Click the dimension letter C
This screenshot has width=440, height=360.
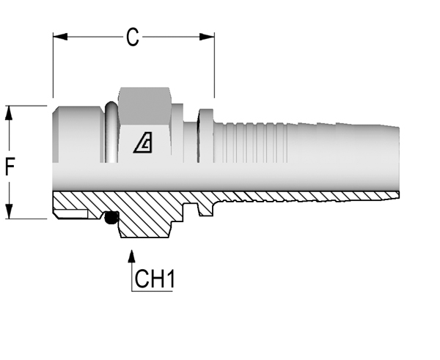pos(133,37)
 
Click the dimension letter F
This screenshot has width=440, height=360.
pos(10,166)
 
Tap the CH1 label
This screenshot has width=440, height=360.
pos(155,279)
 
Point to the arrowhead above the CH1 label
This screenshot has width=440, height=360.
pos(131,257)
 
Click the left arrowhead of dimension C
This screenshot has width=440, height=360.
pos(60,37)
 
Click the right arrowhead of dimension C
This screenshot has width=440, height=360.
pos(207,37)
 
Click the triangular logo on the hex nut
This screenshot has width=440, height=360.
pos(143,142)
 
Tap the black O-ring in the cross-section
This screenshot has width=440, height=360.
pos(111,218)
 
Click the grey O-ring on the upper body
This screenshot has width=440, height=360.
pos(111,132)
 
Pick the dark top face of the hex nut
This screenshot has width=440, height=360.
pos(144,106)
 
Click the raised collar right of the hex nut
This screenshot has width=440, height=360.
pos(205,136)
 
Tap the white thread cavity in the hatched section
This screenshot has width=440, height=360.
pos(72,214)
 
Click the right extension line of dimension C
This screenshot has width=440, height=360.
pos(214,65)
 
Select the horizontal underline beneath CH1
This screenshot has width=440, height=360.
pos(152,291)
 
